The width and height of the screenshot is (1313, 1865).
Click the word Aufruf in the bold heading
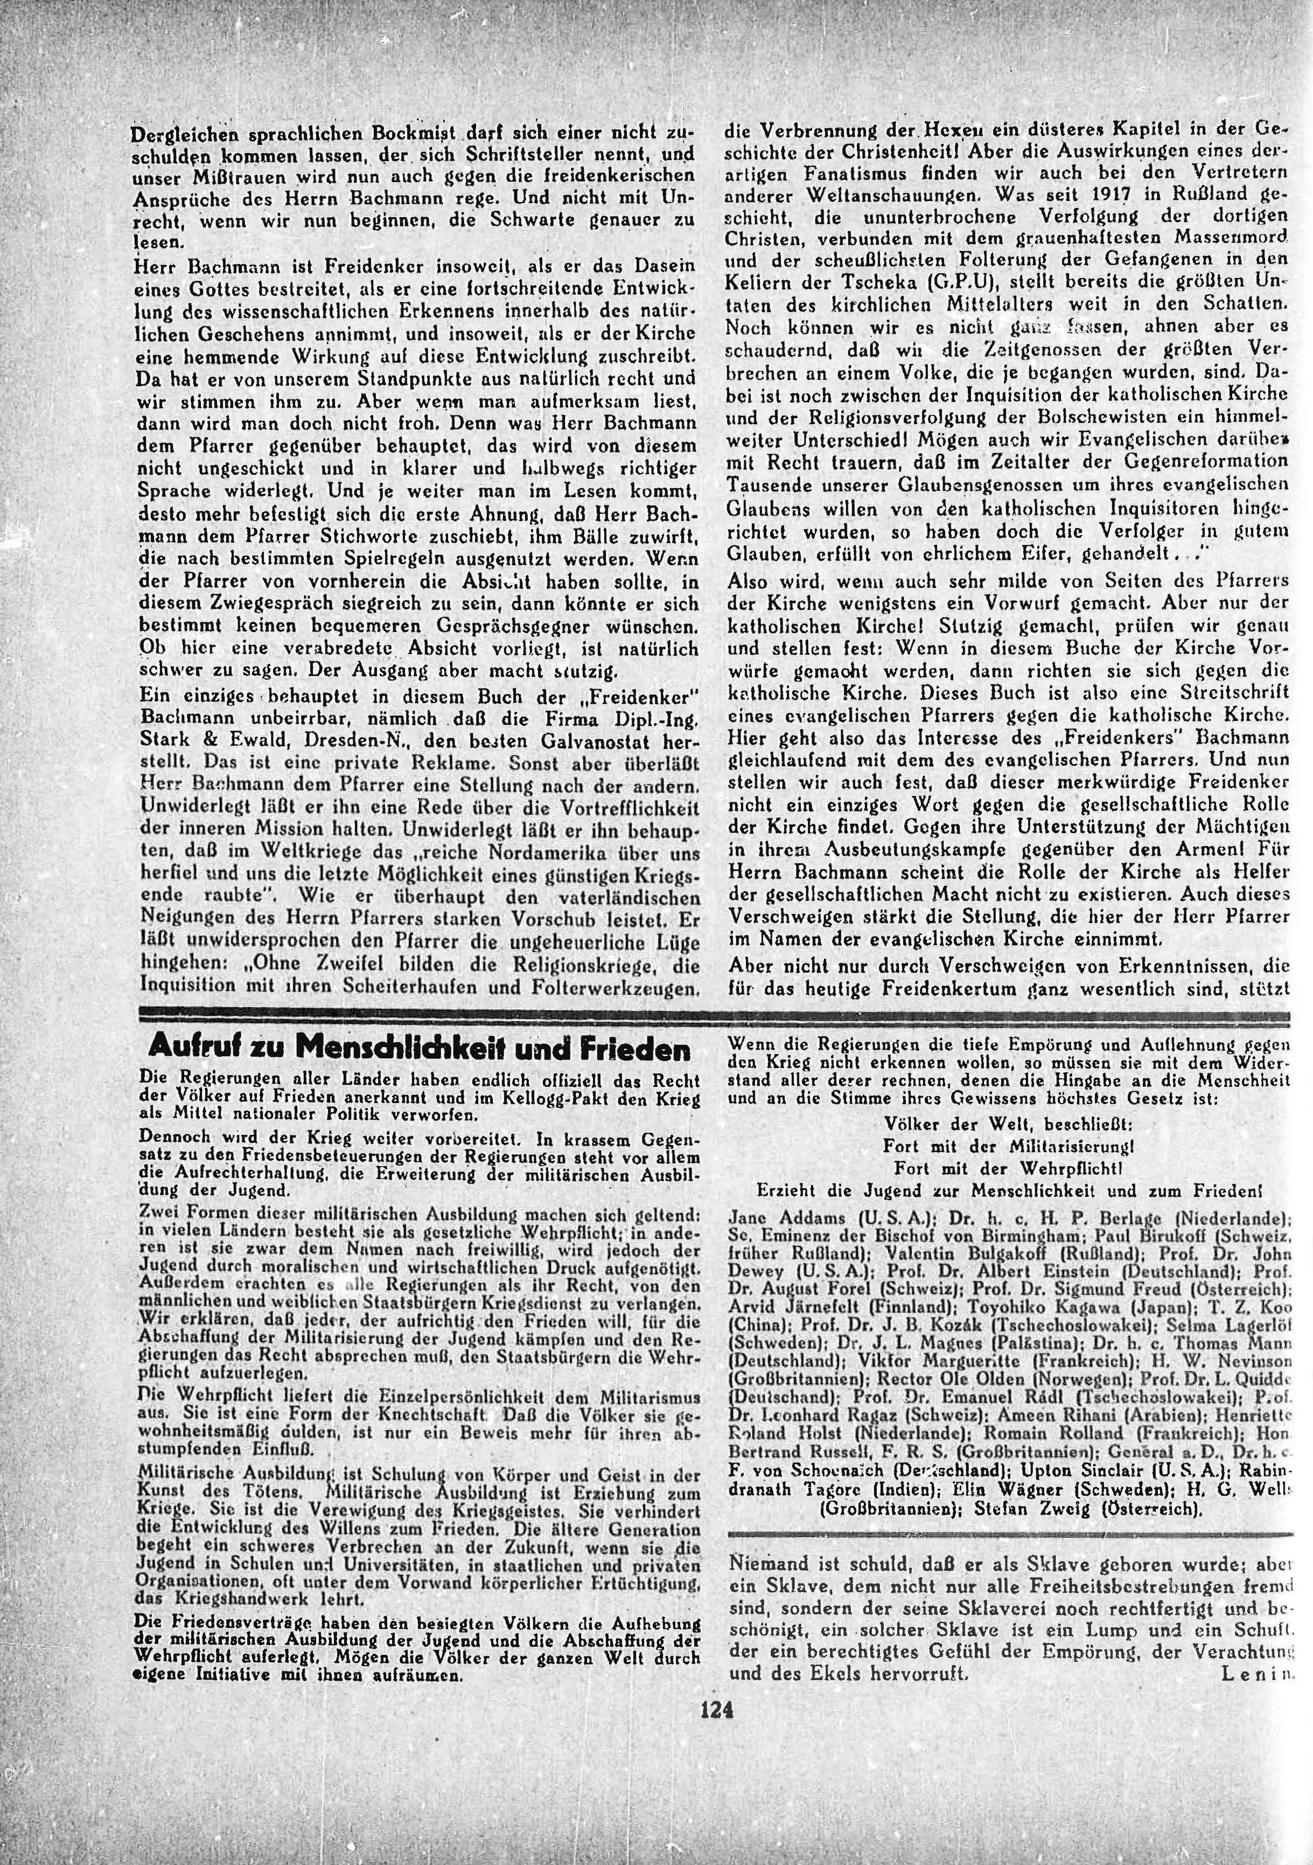(185, 1050)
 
